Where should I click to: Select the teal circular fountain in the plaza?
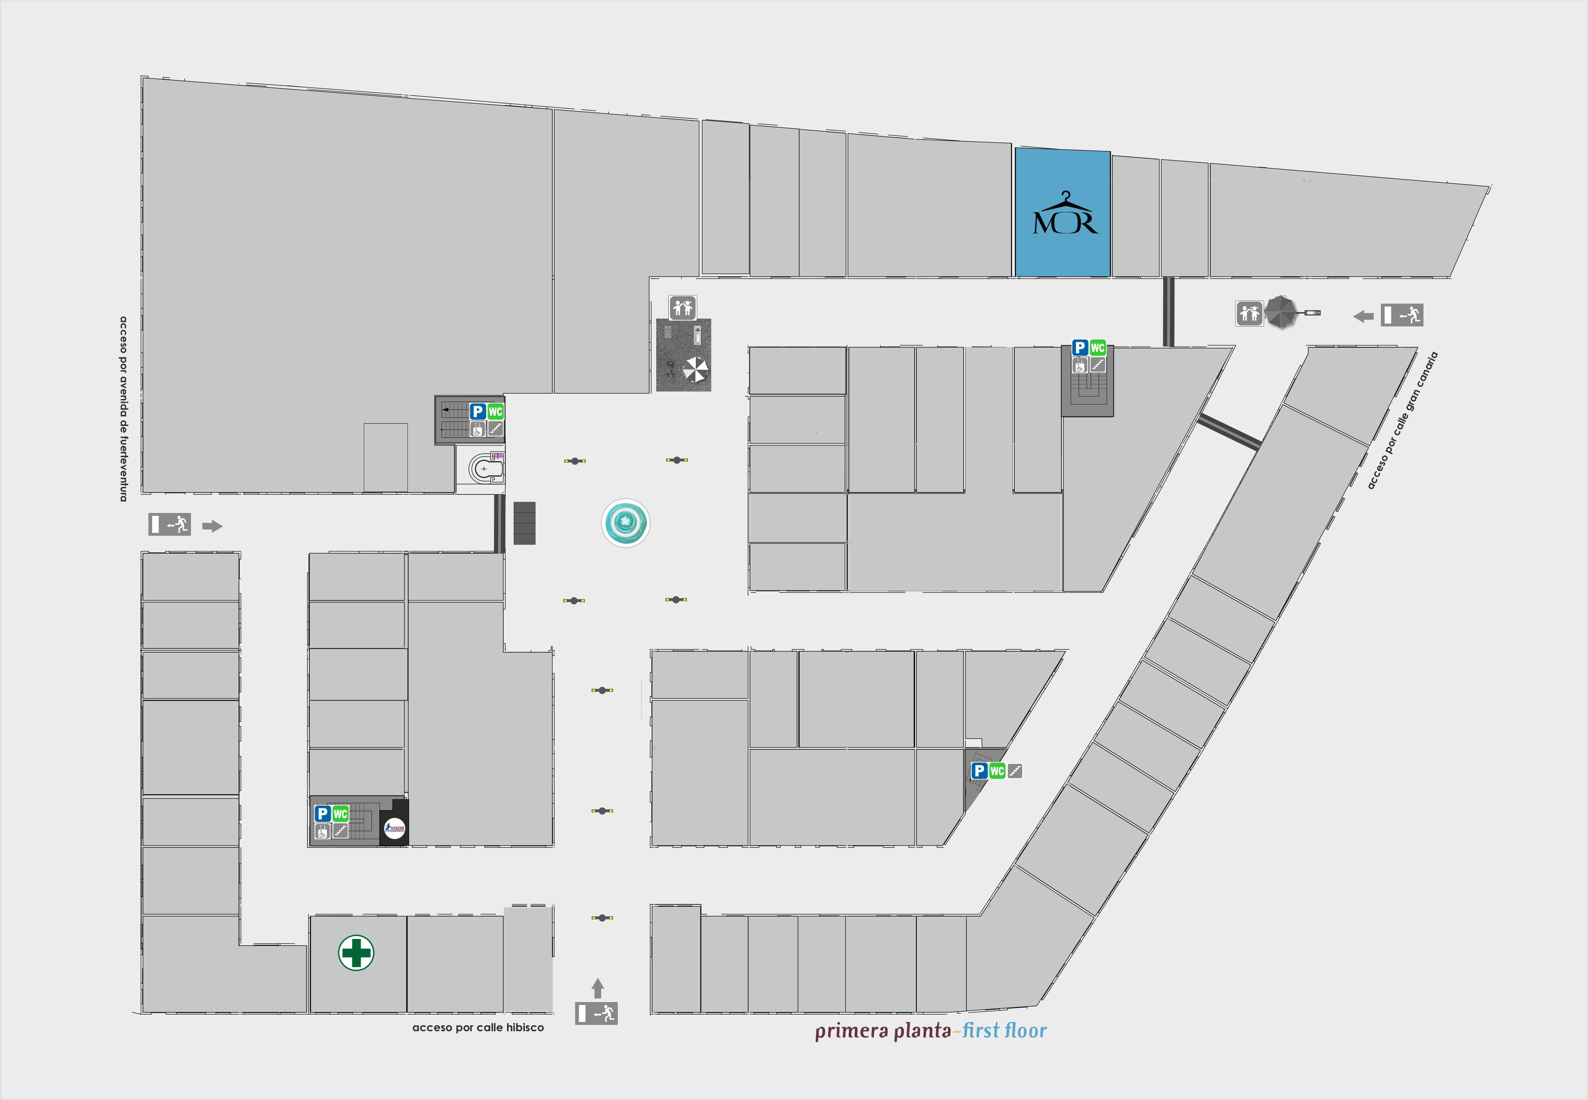(625, 523)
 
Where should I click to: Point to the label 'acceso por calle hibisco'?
(477, 1027)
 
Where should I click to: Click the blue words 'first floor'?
(1004, 1030)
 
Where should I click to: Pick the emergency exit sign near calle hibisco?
(597, 1013)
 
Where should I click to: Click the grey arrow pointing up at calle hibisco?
(597, 988)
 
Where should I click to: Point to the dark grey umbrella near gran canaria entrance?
(1281, 311)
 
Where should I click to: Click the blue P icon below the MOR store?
(1079, 348)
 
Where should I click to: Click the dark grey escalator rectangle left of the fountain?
(524, 523)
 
